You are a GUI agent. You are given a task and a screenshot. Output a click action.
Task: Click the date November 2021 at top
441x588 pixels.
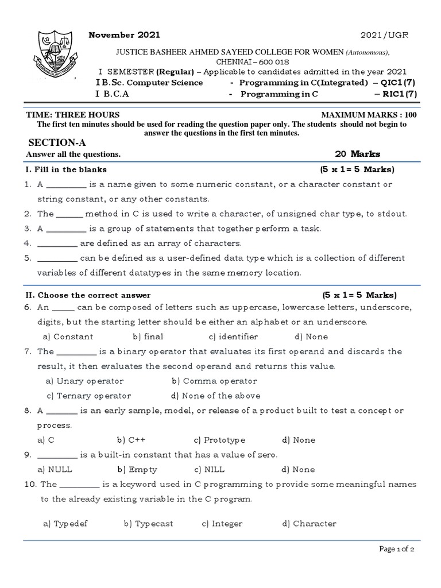coord(124,35)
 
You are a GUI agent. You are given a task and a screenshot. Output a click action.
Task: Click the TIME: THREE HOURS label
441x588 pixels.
coord(73,115)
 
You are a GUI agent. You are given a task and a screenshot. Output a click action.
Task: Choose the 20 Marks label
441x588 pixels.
coord(357,154)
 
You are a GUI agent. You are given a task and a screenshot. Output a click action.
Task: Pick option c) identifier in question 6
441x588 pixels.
coord(233,336)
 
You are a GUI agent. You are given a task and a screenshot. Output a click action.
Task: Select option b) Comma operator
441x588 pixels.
coord(214,381)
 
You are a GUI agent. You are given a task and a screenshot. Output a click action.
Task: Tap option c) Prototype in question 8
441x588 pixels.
coord(219,440)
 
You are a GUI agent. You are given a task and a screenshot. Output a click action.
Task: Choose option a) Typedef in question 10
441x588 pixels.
coord(66,523)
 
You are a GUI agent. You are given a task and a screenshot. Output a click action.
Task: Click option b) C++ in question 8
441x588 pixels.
coord(131,440)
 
